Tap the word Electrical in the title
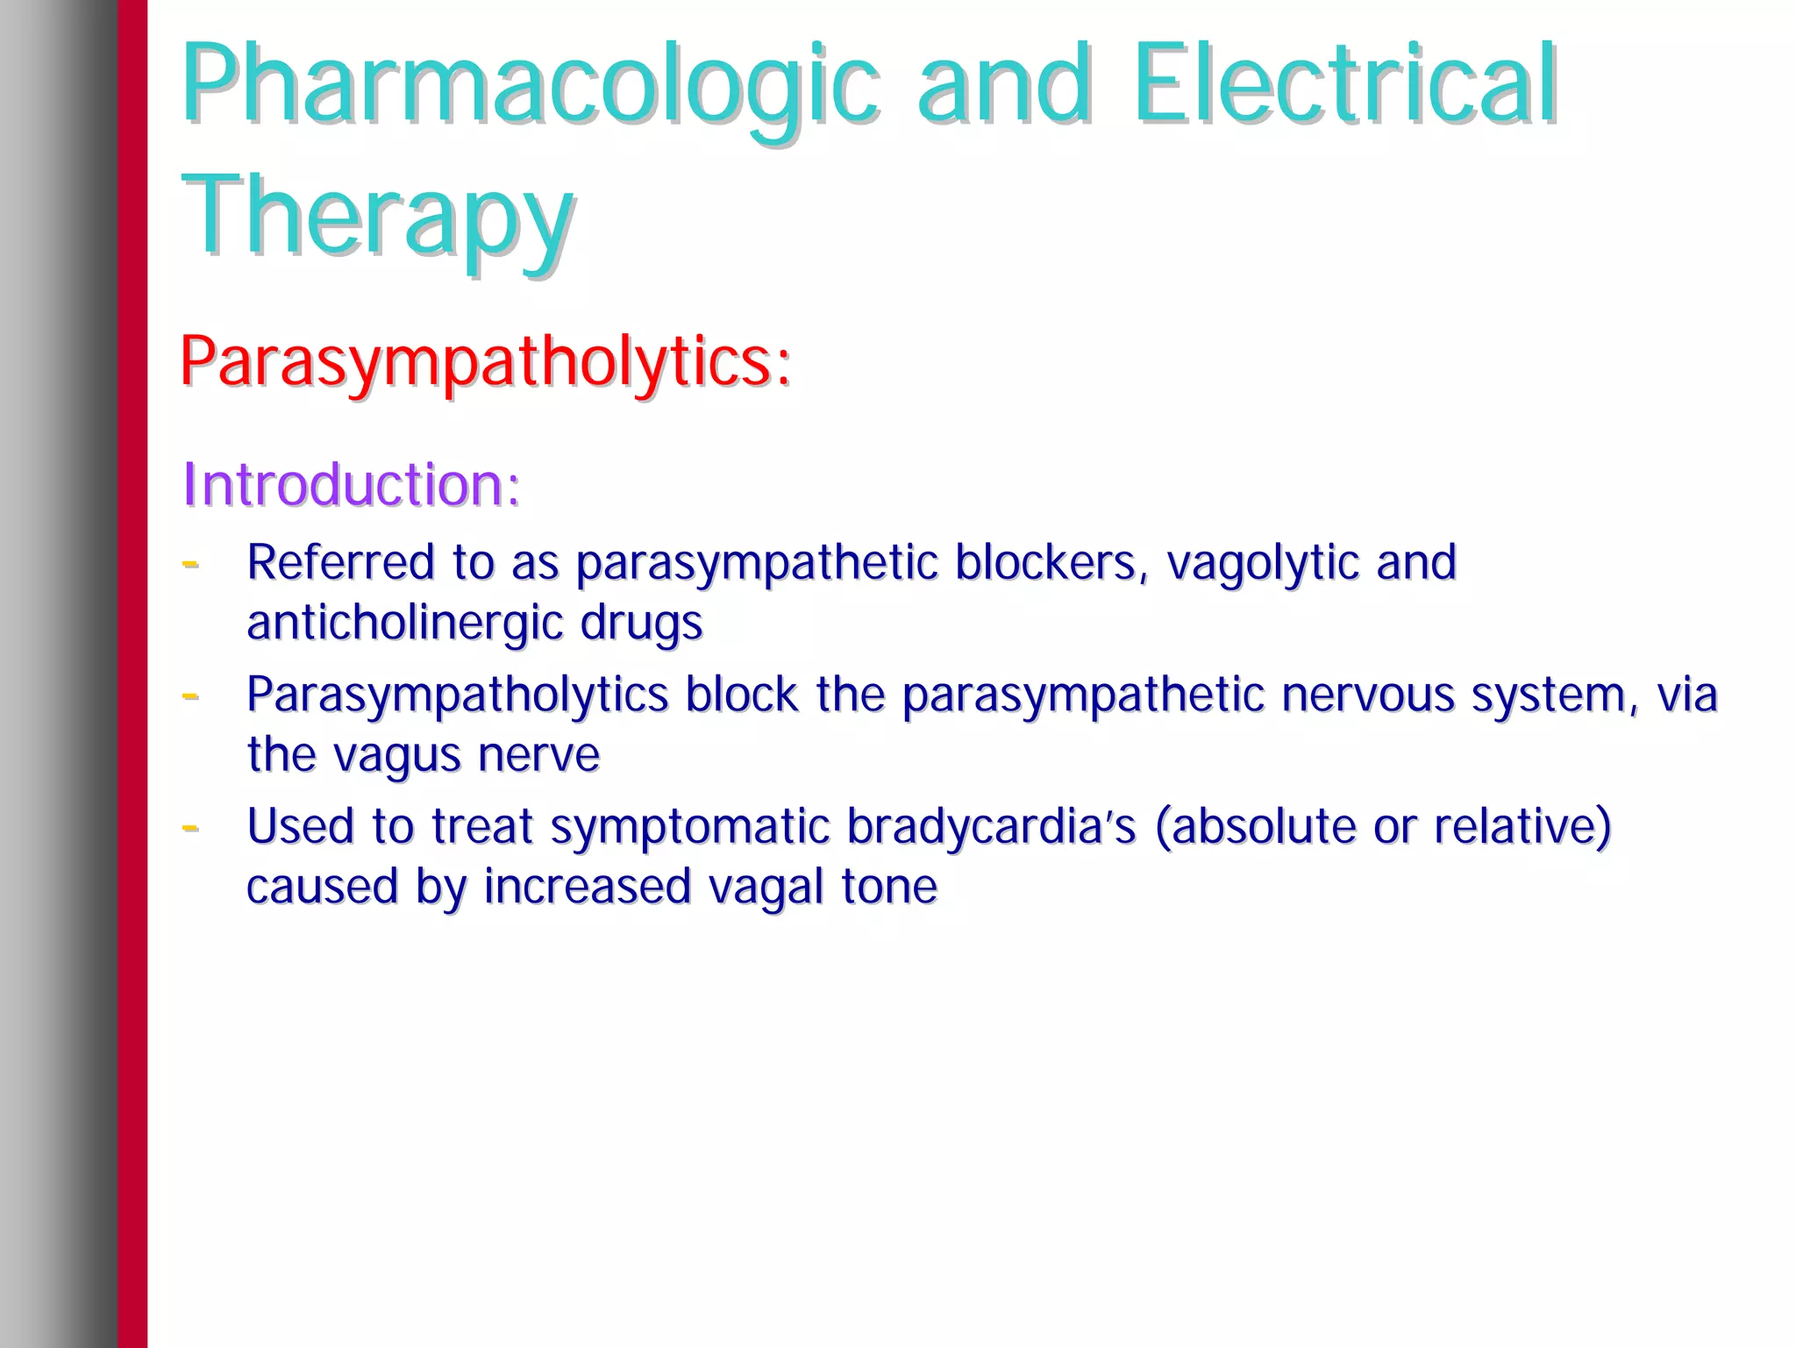pos(1344,84)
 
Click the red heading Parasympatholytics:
pos(485,362)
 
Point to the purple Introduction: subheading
pos(351,484)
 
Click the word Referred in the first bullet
pos(340,562)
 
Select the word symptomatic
pos(689,827)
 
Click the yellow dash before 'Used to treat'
pos(190,827)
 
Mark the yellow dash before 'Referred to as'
pos(190,563)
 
